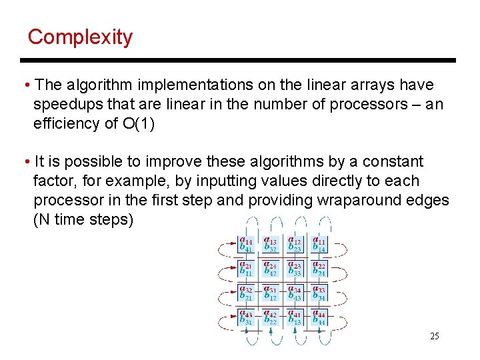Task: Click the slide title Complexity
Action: click(80, 37)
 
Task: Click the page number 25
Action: click(434, 336)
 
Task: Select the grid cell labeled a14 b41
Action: click(245, 244)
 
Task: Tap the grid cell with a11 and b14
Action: click(319, 244)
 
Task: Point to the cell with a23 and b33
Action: click(295, 268)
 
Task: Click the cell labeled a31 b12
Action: click(270, 293)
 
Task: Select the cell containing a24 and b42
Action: click(270, 268)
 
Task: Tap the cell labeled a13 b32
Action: click(270, 244)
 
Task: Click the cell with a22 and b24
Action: click(319, 268)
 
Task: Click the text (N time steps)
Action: click(83, 219)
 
